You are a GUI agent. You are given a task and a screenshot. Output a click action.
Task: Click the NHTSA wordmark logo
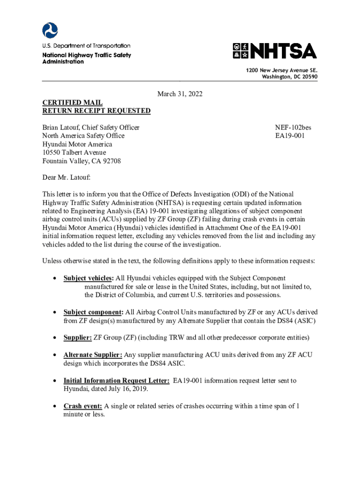(274, 51)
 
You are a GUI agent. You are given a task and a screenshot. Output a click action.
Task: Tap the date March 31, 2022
(180, 94)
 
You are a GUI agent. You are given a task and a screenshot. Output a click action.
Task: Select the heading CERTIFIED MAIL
(72, 102)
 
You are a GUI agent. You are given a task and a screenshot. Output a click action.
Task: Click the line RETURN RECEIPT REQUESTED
(96, 111)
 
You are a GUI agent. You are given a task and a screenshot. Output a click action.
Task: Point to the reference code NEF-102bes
(293, 127)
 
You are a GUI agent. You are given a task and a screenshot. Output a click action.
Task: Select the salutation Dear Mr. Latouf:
(66, 178)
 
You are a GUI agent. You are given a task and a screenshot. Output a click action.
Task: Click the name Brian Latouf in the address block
(62, 127)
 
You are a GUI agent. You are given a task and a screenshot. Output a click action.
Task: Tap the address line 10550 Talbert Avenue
(74, 152)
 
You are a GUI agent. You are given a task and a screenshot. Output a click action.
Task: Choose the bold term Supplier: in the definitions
(78, 338)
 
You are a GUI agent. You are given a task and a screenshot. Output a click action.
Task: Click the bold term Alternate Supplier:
(93, 355)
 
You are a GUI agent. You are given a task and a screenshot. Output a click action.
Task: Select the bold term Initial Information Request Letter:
(116, 381)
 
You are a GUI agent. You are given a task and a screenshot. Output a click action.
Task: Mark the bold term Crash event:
(83, 406)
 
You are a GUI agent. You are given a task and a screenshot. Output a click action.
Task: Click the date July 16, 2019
(134, 389)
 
